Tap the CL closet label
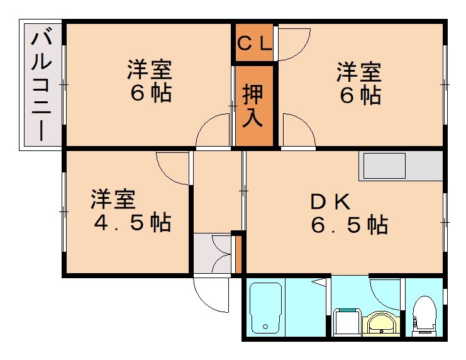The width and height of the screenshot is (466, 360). tap(254, 43)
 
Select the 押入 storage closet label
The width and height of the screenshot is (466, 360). tap(254, 105)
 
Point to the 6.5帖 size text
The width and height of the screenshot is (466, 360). tap(349, 224)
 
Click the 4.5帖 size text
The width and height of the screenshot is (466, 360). tap(133, 222)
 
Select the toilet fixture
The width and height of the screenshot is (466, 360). tap(425, 313)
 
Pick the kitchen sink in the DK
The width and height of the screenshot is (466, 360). tap(384, 166)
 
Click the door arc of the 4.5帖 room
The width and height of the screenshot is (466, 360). tap(174, 167)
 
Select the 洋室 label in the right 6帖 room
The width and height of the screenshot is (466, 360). tap(358, 71)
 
